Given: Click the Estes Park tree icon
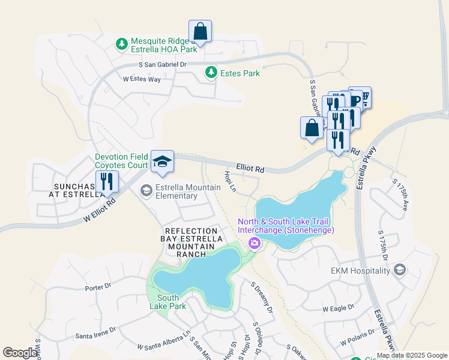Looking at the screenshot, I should click(211, 73).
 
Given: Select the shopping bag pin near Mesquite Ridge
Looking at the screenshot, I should click(200, 31).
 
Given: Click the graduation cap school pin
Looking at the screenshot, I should click(162, 161).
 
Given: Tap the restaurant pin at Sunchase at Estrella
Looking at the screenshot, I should click(107, 182).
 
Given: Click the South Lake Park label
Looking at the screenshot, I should click(167, 302).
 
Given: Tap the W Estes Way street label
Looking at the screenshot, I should click(142, 79).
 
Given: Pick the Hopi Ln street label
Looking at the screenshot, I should click(229, 182).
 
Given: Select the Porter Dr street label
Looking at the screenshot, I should click(98, 287).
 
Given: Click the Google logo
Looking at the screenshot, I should click(20, 353).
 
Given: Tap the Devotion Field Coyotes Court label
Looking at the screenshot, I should click(121, 161).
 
